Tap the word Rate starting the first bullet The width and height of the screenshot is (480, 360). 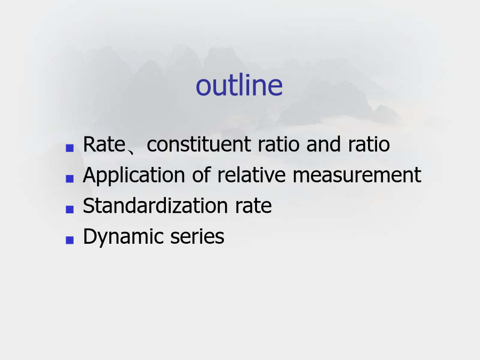click(104, 144)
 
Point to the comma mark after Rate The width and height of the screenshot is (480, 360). click(131, 150)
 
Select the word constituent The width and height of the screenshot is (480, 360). click(199, 144)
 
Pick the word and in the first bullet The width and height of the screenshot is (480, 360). click(323, 144)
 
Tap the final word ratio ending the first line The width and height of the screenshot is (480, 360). click(369, 144)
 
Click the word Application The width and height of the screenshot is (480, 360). click(134, 175)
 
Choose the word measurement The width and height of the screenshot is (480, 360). click(357, 175)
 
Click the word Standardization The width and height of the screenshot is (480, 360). click(155, 205)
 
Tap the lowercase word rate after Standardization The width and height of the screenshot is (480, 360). click(253, 206)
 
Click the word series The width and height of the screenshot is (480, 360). click(197, 237)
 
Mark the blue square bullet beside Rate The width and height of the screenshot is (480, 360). click(70, 148)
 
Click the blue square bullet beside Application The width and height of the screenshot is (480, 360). click(70, 179)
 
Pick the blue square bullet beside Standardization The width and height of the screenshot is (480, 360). click(70, 209)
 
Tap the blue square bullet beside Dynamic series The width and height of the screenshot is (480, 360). click(70, 240)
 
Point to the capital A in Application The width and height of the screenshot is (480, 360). click(90, 175)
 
